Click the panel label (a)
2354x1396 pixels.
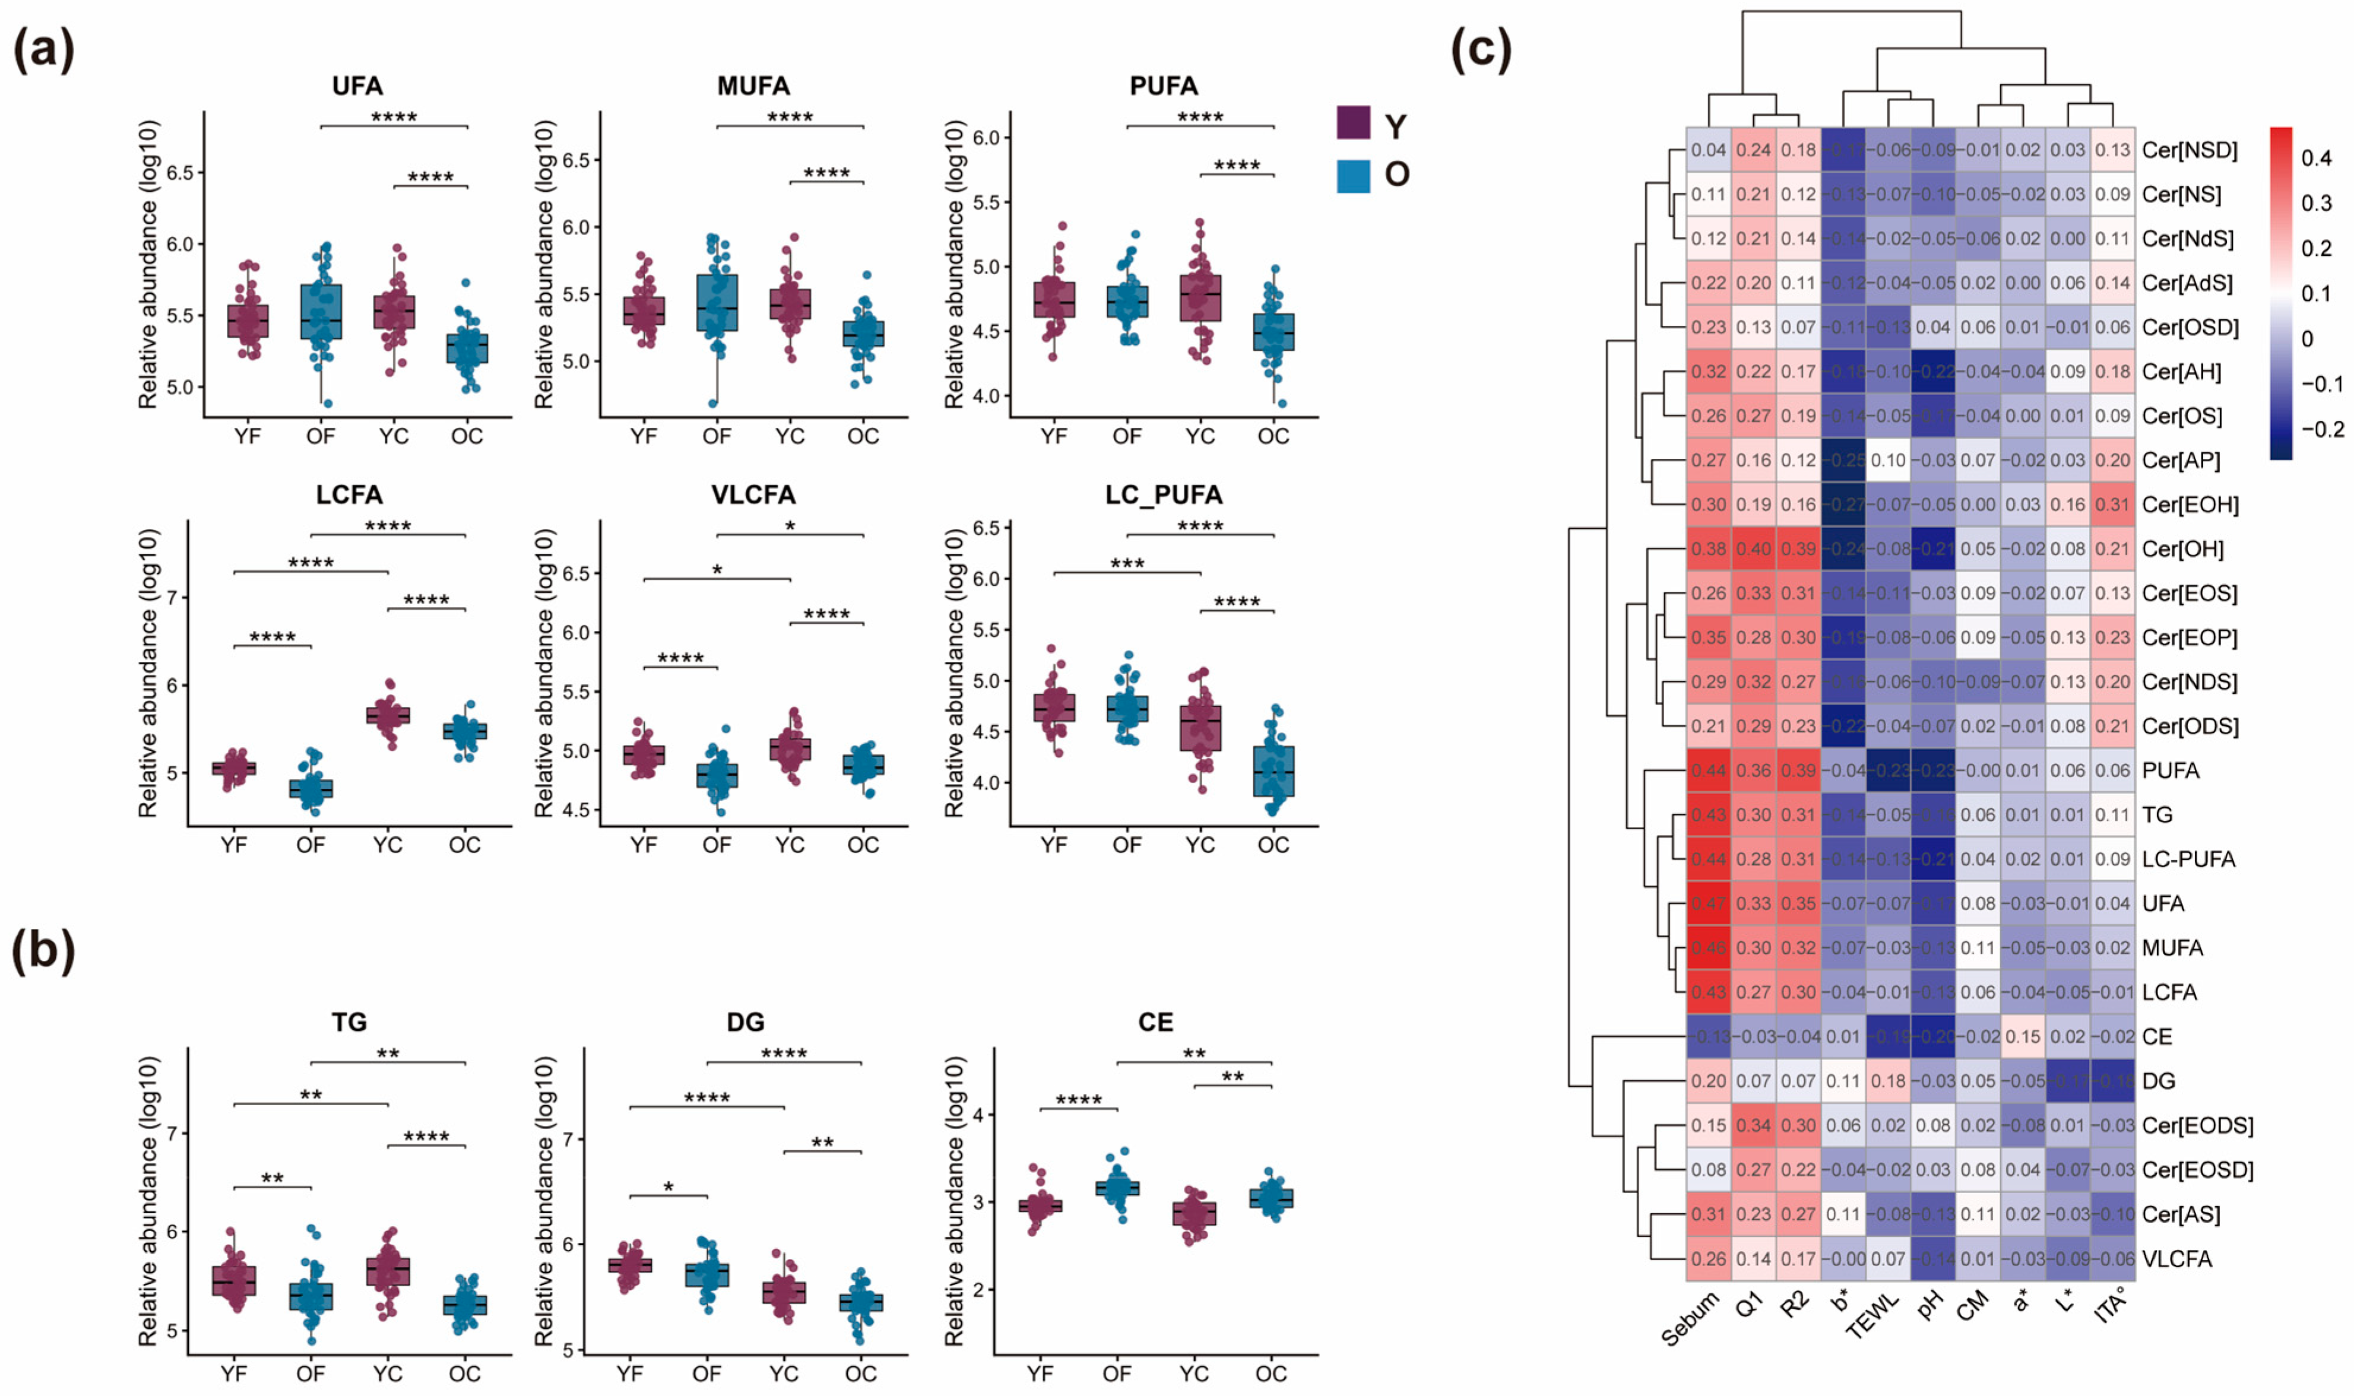point(43,49)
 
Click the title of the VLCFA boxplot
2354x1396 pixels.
point(753,495)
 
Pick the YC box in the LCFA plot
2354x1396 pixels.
point(388,716)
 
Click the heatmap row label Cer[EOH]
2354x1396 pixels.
point(2190,505)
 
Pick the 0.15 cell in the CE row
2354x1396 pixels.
point(2023,1037)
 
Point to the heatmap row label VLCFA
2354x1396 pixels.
point(2176,1259)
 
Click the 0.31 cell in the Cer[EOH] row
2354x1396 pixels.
point(2113,505)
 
